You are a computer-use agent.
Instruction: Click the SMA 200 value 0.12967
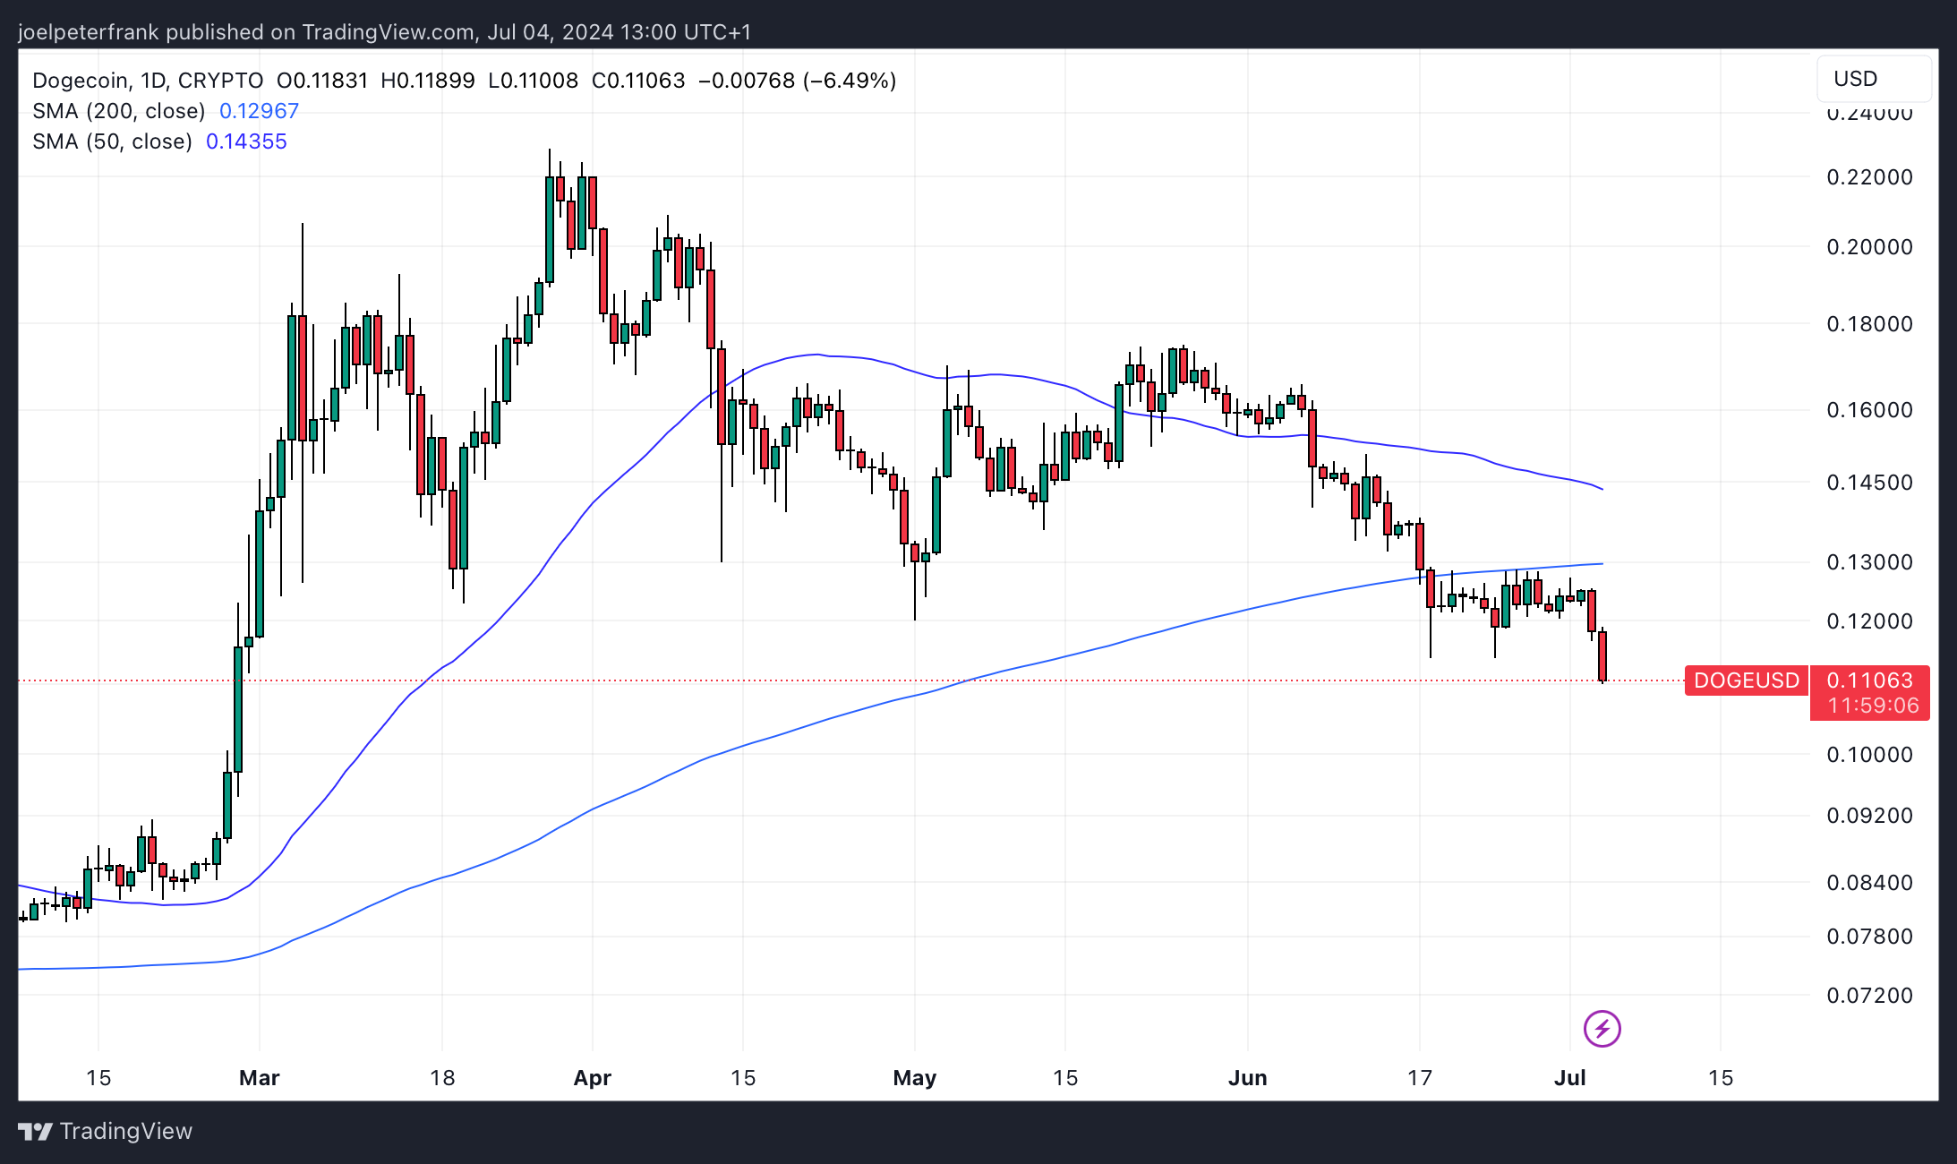point(259,111)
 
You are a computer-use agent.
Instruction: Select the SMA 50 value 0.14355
point(246,141)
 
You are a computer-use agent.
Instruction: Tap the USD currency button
point(1856,79)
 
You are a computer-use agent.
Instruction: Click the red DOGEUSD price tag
point(1746,680)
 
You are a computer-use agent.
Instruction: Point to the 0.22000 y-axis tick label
point(1869,177)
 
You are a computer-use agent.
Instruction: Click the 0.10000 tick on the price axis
point(1869,755)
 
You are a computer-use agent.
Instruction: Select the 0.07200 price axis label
point(1869,996)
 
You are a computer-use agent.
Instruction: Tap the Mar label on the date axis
point(260,1078)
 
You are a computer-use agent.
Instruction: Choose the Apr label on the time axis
point(592,1078)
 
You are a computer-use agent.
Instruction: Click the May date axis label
point(914,1078)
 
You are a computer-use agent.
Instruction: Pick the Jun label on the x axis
point(1247,1078)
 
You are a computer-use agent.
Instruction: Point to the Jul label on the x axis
point(1570,1078)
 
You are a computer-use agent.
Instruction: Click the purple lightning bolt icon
point(1602,1029)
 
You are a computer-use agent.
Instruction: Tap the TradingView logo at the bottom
point(106,1132)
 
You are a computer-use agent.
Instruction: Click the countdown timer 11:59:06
point(1873,706)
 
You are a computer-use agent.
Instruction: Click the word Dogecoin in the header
point(80,81)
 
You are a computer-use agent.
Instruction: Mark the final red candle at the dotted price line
point(1602,656)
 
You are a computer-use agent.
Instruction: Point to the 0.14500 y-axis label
point(1869,483)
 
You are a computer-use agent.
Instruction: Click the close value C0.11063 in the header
point(638,81)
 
